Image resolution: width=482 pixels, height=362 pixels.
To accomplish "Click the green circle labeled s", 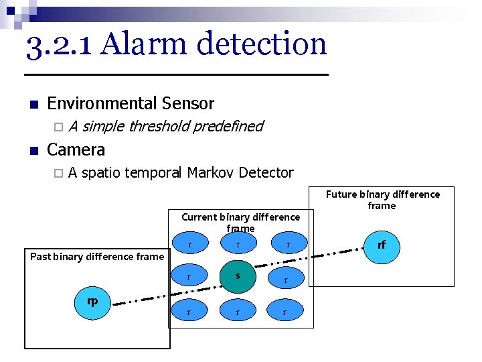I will pos(238,276).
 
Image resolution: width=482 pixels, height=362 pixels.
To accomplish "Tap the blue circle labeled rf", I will pos(381,245).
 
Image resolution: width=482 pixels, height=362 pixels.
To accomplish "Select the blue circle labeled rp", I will pos(92,302).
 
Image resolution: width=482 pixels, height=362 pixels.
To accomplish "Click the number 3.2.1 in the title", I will pos(61,44).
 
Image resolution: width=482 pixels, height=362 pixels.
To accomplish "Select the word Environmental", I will pos(102,103).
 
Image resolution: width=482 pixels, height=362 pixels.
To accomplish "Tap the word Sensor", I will pos(187,103).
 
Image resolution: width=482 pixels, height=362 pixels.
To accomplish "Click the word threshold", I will pos(159,126).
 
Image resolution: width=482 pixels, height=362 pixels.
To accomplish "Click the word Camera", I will pos(76,149).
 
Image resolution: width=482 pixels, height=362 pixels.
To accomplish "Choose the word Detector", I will pos(266,172).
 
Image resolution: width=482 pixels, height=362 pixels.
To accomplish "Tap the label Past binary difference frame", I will pos(97,257).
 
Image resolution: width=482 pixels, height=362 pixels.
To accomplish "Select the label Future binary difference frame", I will pos(382,200).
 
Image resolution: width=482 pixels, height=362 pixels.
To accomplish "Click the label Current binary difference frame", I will pos(240,223).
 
